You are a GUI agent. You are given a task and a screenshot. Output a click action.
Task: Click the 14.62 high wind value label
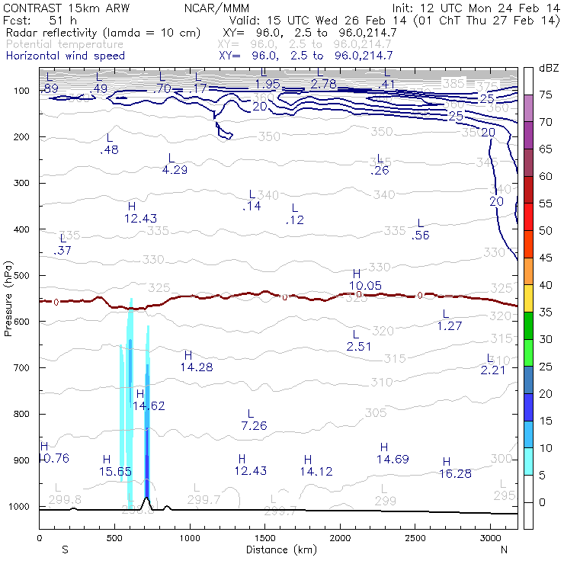coord(148,406)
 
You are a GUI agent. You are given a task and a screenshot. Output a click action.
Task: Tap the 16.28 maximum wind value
coord(456,473)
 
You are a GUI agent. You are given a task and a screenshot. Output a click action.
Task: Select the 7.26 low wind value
coord(254,425)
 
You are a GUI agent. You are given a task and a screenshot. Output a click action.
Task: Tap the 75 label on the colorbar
coord(546,95)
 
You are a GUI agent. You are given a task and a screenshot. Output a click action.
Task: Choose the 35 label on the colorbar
coord(546,312)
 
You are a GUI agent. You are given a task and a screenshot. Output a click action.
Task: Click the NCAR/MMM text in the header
coord(216,8)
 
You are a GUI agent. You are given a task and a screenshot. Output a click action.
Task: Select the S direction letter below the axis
coord(65,549)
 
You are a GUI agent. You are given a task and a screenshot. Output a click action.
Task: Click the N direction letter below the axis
coord(505,549)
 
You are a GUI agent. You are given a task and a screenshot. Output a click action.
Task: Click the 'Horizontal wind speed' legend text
coord(65,56)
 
